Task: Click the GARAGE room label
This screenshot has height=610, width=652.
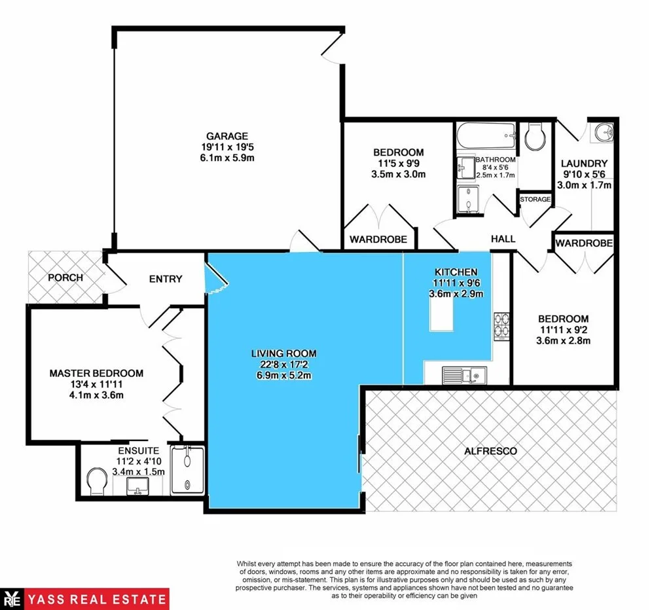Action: pyautogui.click(x=225, y=136)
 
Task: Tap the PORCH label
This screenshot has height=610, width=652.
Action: pyautogui.click(x=65, y=278)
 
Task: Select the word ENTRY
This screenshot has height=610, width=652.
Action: pyautogui.click(x=166, y=279)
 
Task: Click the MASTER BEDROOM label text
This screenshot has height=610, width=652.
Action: pyautogui.click(x=96, y=373)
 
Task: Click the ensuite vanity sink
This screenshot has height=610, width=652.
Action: pyautogui.click(x=137, y=486)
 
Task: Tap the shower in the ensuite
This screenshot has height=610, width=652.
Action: pyautogui.click(x=187, y=470)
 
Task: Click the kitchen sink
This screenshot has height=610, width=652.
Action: pyautogui.click(x=463, y=375)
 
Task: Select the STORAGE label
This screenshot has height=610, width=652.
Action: pyautogui.click(x=535, y=199)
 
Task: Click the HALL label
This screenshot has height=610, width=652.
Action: pyautogui.click(x=503, y=240)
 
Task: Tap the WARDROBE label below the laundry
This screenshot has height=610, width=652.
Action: pyautogui.click(x=584, y=243)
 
